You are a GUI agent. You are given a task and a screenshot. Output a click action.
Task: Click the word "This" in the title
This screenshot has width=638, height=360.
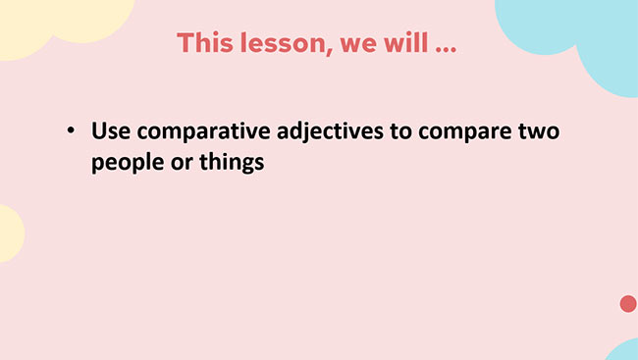203,44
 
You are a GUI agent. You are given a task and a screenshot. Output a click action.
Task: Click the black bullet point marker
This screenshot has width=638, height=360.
71,130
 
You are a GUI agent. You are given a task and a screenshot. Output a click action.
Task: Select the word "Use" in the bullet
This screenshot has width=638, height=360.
110,129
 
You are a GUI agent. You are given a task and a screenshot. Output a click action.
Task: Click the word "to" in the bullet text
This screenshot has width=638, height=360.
404,130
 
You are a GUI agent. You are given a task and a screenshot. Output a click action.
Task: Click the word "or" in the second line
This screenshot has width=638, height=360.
179,163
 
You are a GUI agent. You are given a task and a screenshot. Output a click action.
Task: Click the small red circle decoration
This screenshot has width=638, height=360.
628,304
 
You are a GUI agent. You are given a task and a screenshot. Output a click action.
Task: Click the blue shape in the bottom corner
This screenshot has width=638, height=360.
624,351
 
